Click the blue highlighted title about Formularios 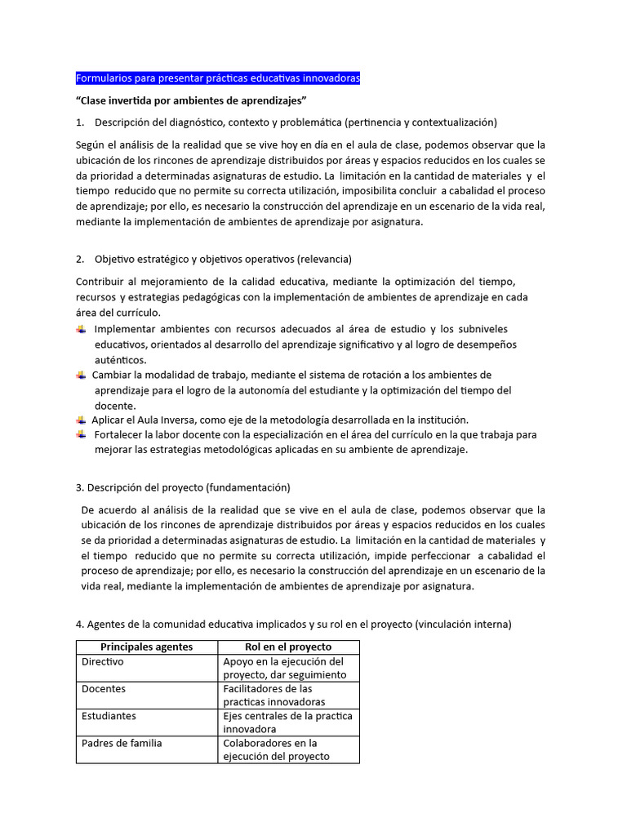point(217,78)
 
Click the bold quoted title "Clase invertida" point(190,100)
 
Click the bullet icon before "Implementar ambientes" point(81,328)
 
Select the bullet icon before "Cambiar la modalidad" point(81,375)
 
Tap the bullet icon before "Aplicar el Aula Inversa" point(81,419)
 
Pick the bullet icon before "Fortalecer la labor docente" point(81,434)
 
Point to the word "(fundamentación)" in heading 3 point(249,487)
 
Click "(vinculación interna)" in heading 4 point(463,625)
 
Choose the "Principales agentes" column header point(147,647)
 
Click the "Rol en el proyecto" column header point(288,647)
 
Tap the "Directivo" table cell point(103,662)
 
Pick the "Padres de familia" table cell point(122,743)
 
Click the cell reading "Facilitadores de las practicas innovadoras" point(274,695)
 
